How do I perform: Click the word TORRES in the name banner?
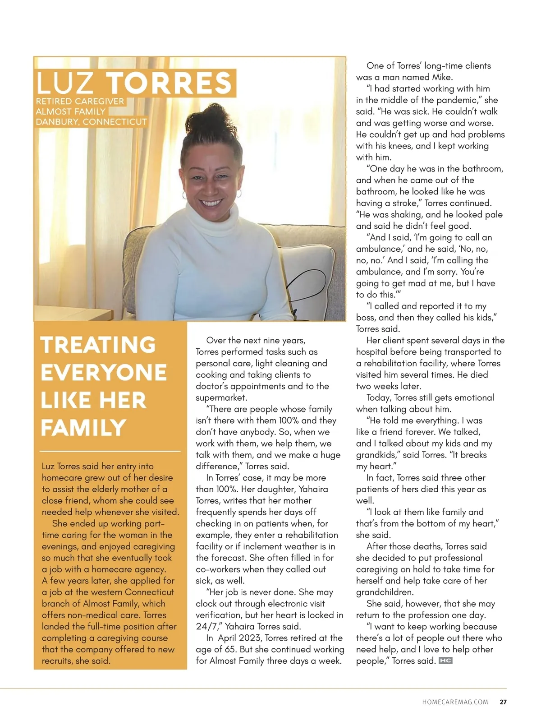(x=169, y=83)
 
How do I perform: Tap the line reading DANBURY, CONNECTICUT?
(x=92, y=122)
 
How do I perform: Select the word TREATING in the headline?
(x=98, y=345)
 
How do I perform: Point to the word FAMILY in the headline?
(x=83, y=428)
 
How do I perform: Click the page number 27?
(x=503, y=702)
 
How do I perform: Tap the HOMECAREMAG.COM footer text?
(x=455, y=702)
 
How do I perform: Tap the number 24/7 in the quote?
(x=206, y=627)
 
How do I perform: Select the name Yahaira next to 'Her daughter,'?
(x=313, y=489)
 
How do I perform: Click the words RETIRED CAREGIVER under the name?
(x=80, y=102)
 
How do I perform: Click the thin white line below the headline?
(x=110, y=451)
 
